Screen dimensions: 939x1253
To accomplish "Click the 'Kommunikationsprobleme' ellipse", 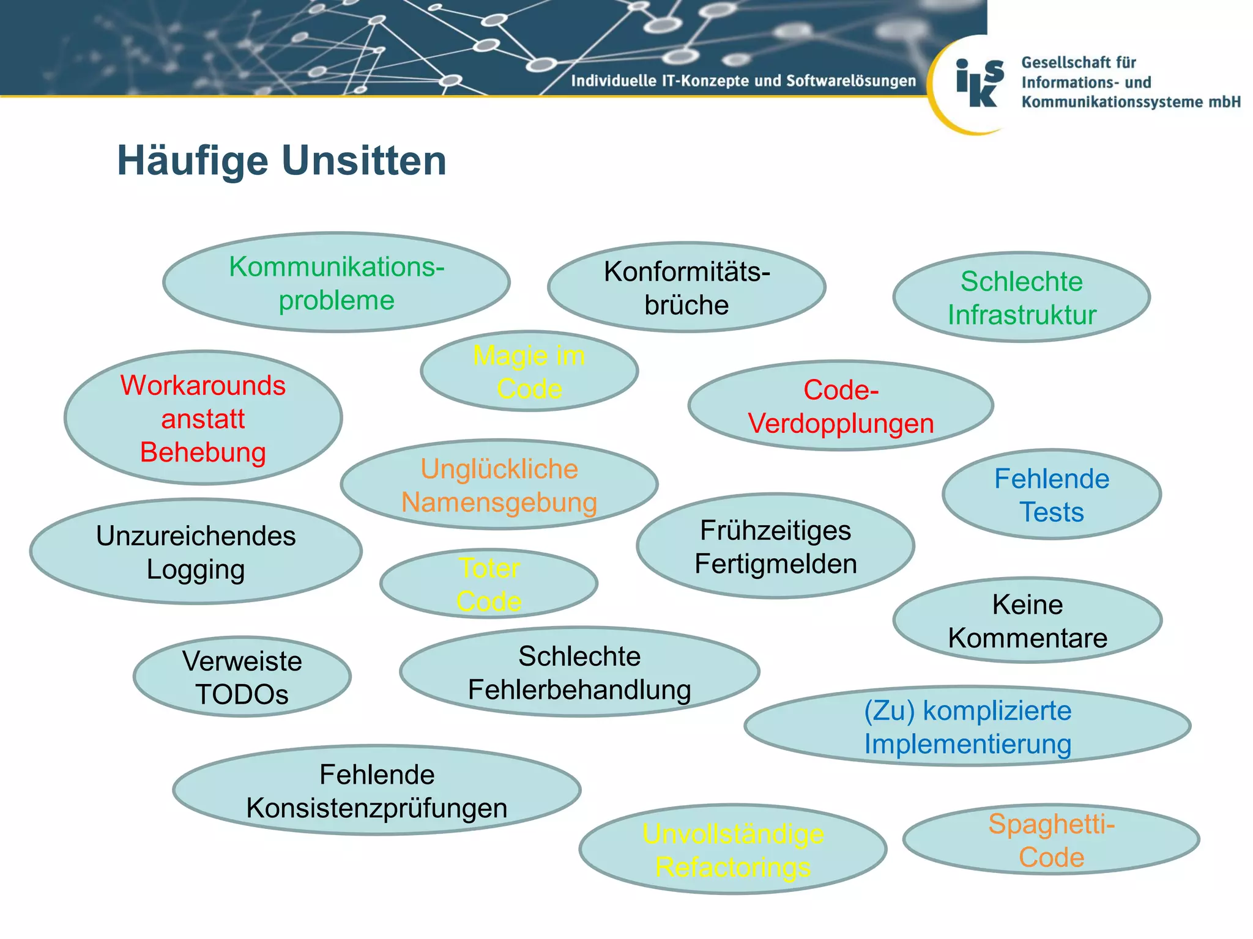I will tap(336, 282).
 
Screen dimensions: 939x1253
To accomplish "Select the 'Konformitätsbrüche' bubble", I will tap(686, 287).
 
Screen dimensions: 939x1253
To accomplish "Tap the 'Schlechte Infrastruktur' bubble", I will tap(1021, 298).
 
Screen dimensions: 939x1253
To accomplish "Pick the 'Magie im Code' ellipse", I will tap(529, 372).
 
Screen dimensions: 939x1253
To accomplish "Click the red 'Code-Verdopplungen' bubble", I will tap(841, 406).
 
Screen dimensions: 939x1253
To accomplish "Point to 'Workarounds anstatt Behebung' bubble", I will tap(203, 418).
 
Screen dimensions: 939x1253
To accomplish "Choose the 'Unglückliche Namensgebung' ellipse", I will tap(499, 485).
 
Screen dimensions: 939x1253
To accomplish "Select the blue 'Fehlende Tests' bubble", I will tap(1051, 495).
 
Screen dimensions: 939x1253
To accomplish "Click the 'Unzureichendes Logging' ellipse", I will tap(196, 552).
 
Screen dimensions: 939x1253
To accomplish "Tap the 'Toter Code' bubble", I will tap(489, 584).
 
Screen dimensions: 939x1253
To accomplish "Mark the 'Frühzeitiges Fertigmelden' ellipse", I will tap(775, 547).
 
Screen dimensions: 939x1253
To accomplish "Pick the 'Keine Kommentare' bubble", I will tap(1027, 620).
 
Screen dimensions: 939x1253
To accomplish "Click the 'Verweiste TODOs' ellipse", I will tap(242, 677).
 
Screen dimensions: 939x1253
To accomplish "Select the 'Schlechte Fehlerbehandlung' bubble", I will tap(579, 672).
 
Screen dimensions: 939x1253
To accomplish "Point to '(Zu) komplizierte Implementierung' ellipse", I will tap(967, 726).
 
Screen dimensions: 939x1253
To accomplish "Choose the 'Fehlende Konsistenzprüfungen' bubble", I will tap(377, 790).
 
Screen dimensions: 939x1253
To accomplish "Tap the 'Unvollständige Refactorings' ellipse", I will tap(733, 850).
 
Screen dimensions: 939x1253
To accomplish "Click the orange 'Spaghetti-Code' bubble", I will tap(1051, 840).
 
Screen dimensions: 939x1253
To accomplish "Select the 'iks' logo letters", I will tap(979, 84).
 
